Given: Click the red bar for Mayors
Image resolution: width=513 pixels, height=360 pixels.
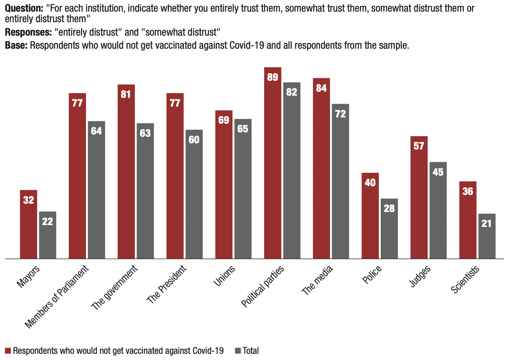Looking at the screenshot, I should point(29,224).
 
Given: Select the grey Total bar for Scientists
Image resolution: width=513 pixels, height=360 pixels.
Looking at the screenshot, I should point(487,236).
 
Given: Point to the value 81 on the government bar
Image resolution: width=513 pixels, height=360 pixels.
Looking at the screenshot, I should point(126,94).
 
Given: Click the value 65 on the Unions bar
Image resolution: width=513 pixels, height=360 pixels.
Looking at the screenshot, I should point(243,129).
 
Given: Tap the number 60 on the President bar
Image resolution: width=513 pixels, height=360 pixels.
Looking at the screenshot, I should point(194,140).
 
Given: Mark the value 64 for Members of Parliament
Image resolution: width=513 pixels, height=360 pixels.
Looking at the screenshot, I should point(96,131).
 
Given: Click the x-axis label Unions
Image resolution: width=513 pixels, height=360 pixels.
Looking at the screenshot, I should point(224,276).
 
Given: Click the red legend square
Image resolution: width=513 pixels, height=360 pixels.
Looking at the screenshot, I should point(8,351).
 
